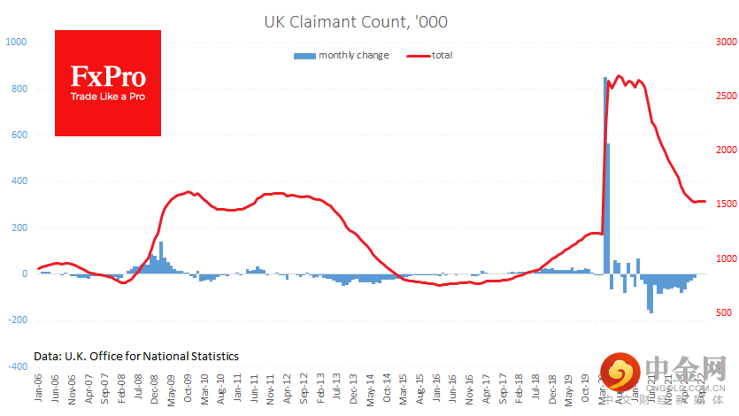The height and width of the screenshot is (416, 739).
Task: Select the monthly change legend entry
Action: coord(341,56)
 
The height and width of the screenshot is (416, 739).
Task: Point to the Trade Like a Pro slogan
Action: coord(108,96)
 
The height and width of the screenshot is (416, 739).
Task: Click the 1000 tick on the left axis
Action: coord(16,42)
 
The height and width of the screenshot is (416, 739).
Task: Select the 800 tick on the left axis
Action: coord(19,89)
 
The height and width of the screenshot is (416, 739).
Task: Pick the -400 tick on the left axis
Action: coord(17,366)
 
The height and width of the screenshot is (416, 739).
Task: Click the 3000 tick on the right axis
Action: coord(726,42)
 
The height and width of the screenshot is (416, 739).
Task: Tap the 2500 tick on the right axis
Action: coord(726,96)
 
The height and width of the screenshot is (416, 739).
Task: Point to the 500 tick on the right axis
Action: coord(723,313)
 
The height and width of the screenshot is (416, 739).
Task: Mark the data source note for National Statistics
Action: coord(136,356)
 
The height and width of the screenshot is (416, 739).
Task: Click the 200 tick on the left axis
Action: coord(19,227)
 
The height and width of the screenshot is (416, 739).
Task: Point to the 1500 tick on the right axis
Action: coord(726,204)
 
